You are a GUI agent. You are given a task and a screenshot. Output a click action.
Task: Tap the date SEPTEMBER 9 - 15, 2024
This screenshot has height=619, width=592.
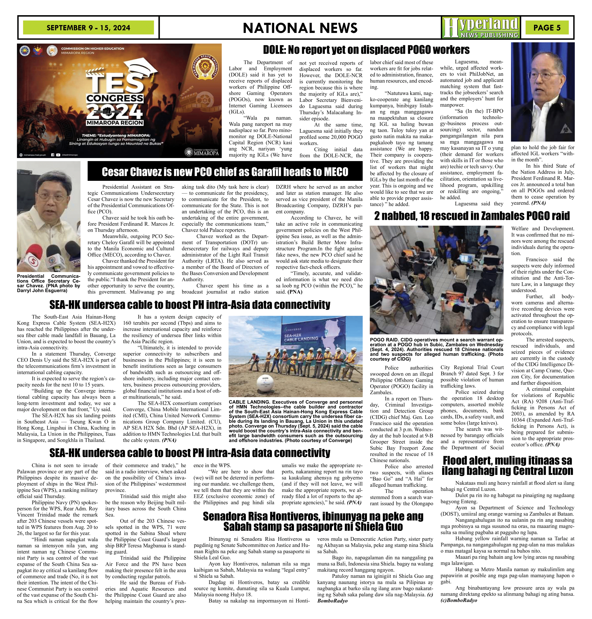coord(88,28)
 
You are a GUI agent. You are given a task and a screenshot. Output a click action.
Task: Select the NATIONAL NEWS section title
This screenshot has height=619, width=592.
coord(300,28)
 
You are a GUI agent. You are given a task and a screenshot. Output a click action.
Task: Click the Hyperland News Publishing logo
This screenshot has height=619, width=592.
coord(481,28)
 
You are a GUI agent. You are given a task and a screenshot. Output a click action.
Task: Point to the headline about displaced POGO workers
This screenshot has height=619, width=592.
coord(366,50)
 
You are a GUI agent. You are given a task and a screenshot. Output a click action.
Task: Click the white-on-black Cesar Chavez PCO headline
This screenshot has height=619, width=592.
coord(225,172)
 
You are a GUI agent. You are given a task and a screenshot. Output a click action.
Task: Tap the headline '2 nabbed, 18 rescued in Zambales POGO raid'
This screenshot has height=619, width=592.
coord(472,216)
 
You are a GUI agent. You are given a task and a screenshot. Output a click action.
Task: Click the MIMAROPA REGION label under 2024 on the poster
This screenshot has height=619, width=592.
coord(115,123)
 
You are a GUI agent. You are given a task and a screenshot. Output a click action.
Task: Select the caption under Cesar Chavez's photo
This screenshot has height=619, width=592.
coord(49,283)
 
